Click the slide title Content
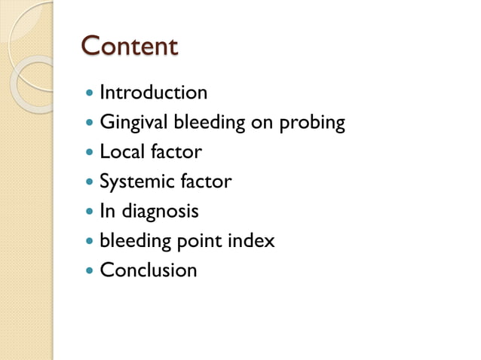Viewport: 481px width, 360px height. tap(130, 47)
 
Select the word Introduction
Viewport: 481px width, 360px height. tap(153, 93)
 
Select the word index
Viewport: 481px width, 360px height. tap(253, 241)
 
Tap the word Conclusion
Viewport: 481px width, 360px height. tap(148, 270)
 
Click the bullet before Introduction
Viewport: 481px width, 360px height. tap(90, 94)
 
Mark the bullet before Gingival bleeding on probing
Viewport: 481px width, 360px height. tap(90, 124)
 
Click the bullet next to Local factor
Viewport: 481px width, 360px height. tap(90, 153)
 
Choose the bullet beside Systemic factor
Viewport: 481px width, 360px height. tap(90, 182)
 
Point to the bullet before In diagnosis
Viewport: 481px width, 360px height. tap(90, 212)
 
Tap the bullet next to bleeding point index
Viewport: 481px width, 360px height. tap(90, 242)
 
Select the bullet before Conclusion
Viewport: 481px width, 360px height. tap(90, 271)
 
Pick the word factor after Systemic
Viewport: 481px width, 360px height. tap(205, 182)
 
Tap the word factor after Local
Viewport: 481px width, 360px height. tap(175, 152)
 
